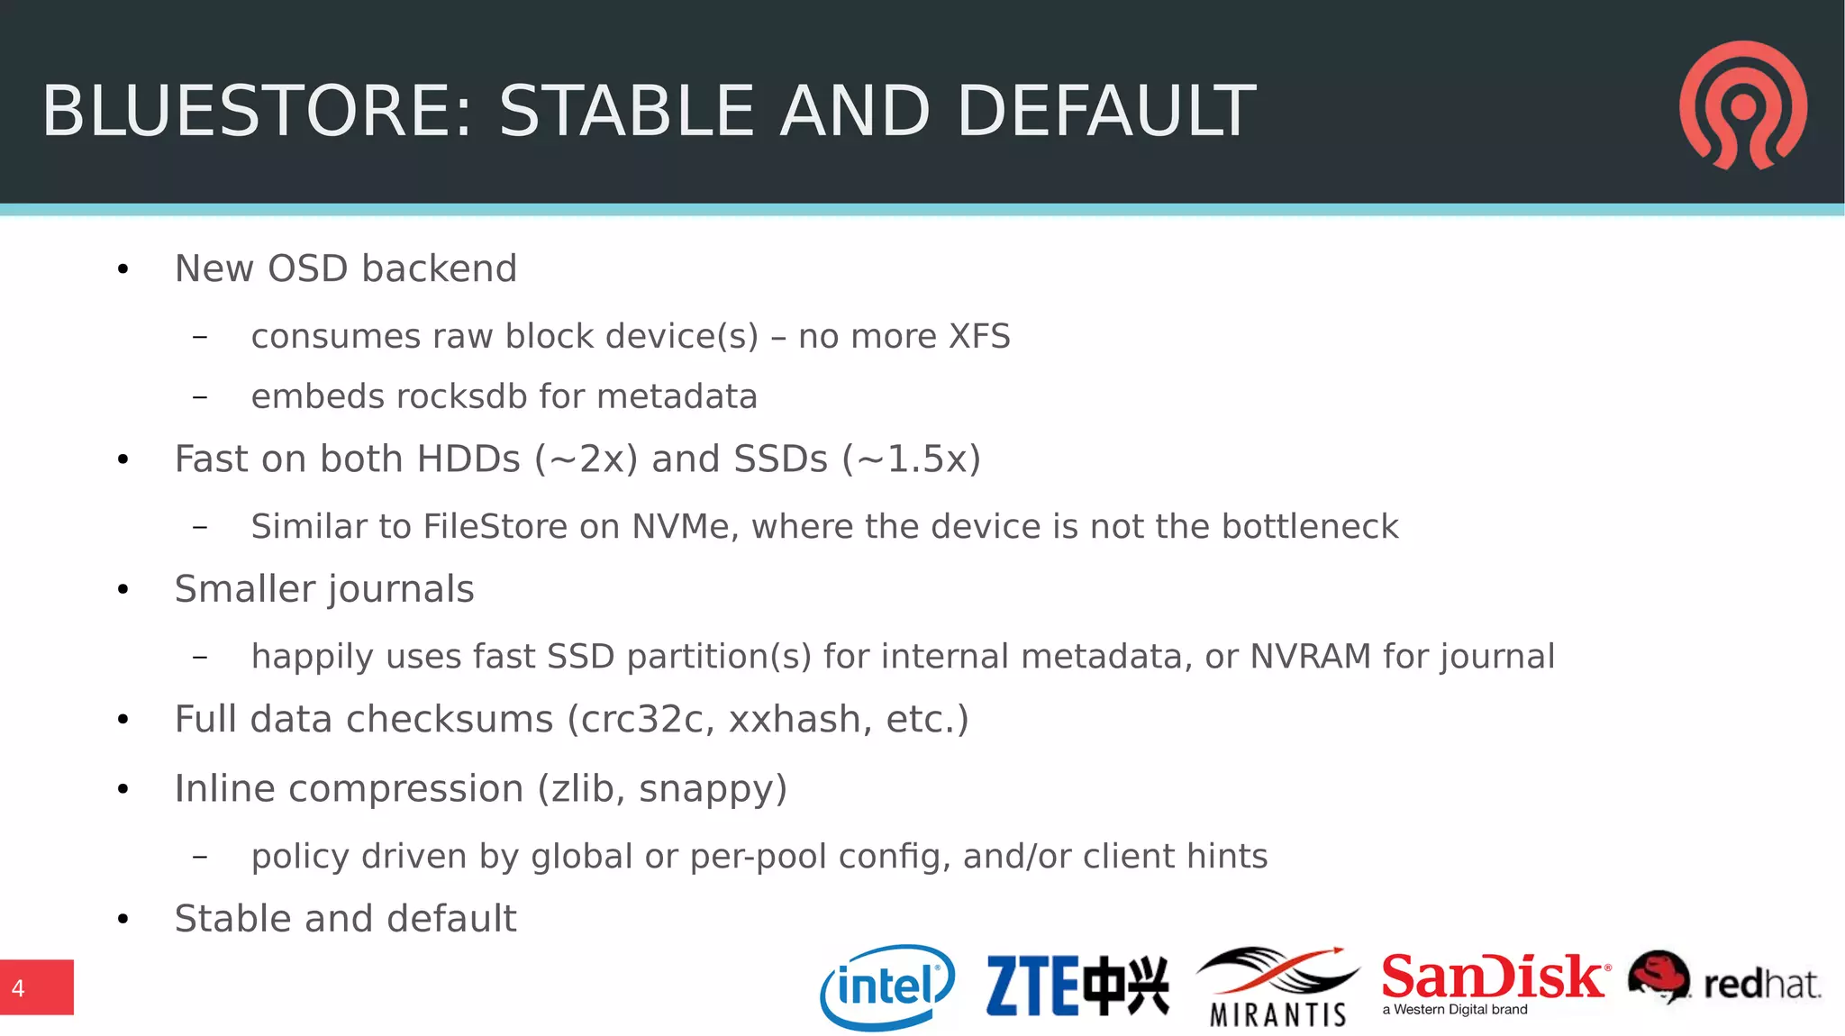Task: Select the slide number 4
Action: point(18,988)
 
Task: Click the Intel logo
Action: point(887,986)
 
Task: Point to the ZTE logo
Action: point(1077,986)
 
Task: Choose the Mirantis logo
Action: point(1277,987)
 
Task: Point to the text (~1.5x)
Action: point(911,459)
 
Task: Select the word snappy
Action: point(713,789)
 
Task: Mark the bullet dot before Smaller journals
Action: point(123,590)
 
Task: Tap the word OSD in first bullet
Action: point(308,268)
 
